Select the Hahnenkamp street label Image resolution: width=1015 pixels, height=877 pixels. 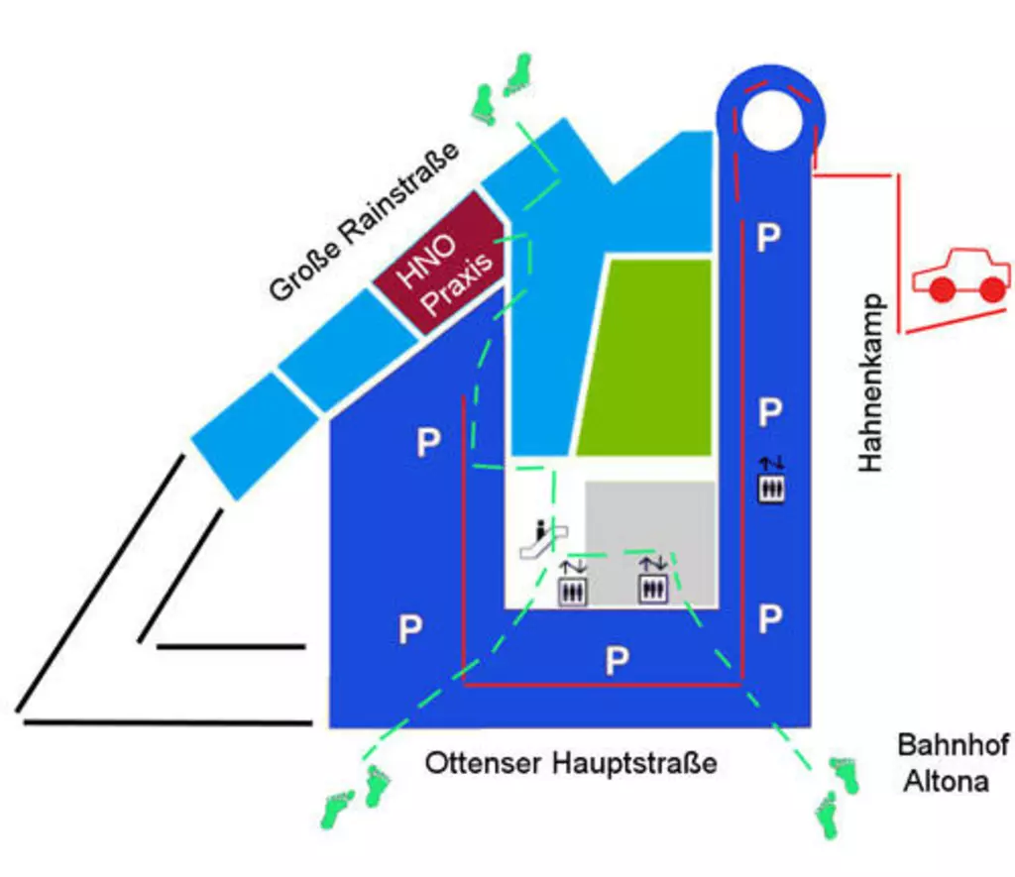870,383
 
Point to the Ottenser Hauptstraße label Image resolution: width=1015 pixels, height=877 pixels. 570,764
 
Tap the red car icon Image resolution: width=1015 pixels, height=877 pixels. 959,276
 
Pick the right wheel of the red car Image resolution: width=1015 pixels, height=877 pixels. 991,289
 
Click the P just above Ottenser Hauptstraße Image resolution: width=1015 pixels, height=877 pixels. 617,661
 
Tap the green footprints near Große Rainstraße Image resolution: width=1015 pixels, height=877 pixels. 500,90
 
